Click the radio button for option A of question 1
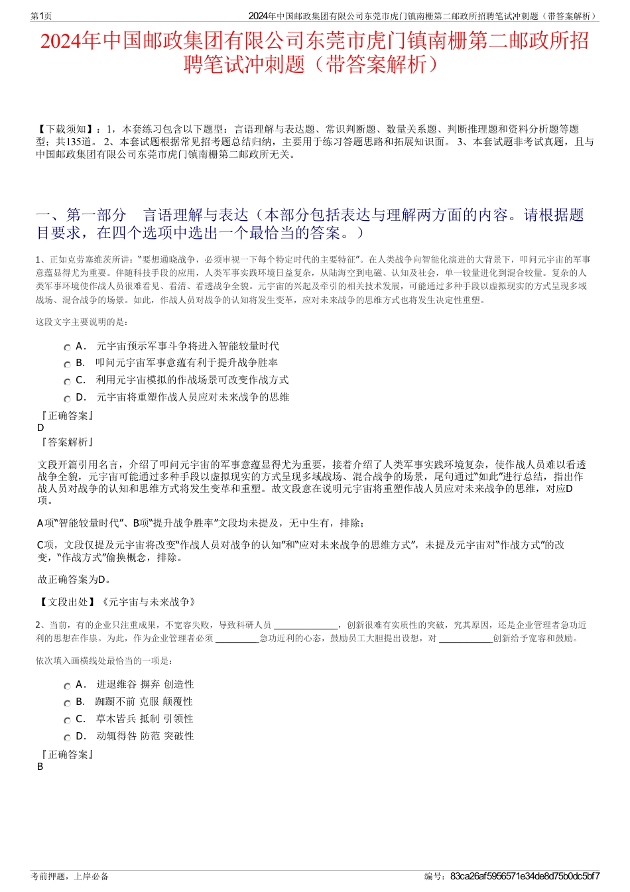pos(67,348)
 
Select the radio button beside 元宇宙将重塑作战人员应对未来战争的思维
pos(67,399)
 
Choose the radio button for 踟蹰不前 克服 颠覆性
pos(67,703)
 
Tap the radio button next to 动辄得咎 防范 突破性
pos(67,737)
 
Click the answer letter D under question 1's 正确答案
pos(41,428)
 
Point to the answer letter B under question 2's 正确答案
pos(40,767)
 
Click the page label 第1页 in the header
pos(42,16)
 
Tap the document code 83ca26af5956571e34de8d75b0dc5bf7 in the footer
pos(525,876)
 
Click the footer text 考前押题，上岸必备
pos(70,876)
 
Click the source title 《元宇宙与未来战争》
pos(148,602)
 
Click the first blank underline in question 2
pos(306,625)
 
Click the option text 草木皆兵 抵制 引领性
pos(145,719)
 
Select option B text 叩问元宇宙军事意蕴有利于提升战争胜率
pos(187,363)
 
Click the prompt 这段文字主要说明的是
pos(82,322)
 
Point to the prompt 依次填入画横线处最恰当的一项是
pos(105,661)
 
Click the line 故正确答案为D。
pos(75,580)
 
